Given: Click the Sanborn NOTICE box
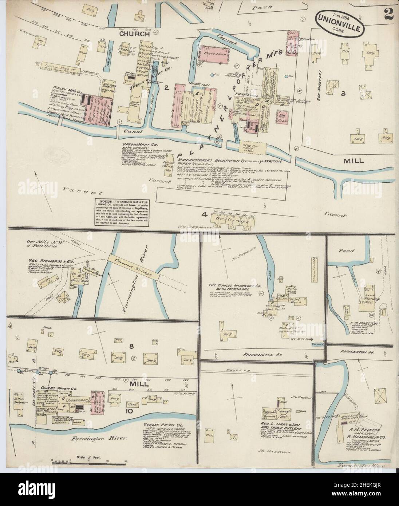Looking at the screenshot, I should (120, 212).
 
